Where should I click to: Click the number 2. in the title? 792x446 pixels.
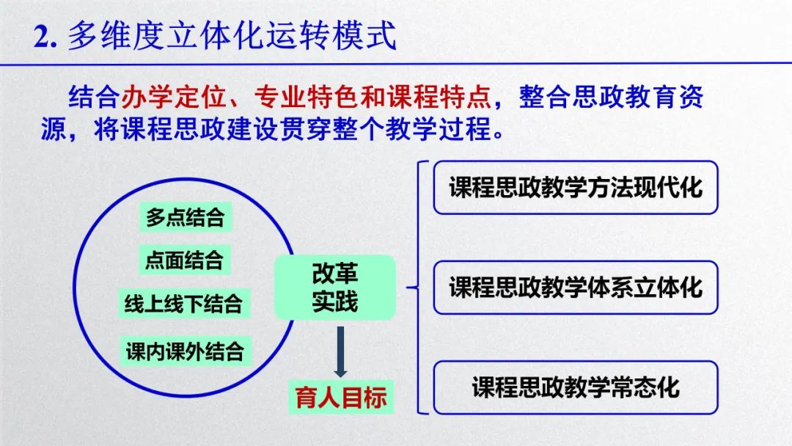point(45,37)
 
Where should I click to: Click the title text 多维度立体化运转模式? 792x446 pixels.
point(232,36)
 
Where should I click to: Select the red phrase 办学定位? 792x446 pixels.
point(173,97)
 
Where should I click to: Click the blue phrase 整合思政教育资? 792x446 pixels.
point(611,97)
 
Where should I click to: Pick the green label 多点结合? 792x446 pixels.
point(186,217)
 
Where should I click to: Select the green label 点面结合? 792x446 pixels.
point(184,260)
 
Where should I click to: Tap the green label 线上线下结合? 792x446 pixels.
point(184,304)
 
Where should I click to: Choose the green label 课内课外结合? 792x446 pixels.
point(186,351)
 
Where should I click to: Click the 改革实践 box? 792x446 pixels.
point(335,288)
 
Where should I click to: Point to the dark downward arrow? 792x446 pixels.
point(340,351)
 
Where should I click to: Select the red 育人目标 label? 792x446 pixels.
point(341,397)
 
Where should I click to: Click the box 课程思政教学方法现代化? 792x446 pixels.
point(576,187)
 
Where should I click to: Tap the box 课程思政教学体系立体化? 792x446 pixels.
point(576,288)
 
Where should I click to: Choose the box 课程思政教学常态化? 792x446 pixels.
point(576,387)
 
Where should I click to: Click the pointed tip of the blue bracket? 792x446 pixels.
point(407,288)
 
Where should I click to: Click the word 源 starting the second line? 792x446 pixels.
point(54,129)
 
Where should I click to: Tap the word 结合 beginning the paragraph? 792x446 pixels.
point(94,97)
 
